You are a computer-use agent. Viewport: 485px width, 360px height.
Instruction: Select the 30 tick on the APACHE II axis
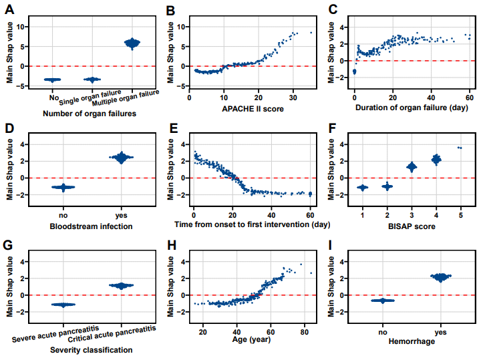pyautogui.click(x=293, y=97)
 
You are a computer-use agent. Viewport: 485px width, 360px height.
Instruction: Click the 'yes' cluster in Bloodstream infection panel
pyautogui.click(x=122, y=158)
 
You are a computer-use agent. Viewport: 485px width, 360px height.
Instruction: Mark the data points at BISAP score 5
pyautogui.click(x=459, y=148)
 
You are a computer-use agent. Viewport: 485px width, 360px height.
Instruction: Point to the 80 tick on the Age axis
pyautogui.click(x=304, y=332)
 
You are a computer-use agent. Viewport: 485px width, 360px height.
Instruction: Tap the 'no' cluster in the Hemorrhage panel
pyautogui.click(x=383, y=301)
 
